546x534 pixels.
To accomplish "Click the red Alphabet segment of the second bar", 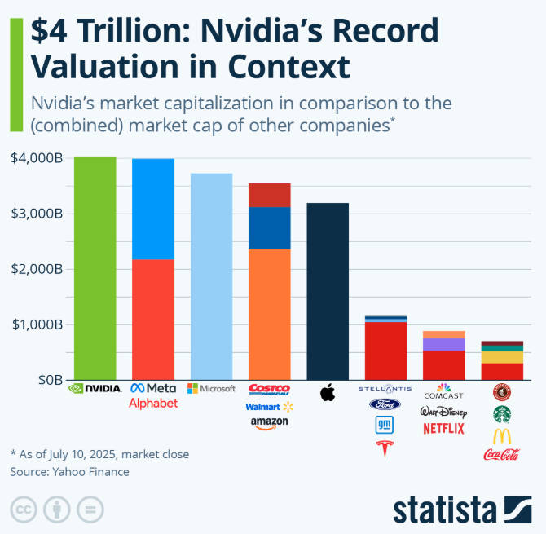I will [x=153, y=319].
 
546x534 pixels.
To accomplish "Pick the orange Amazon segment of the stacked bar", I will [x=269, y=314].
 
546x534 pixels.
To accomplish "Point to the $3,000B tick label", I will [x=37, y=214].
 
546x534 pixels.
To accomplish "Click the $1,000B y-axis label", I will [x=37, y=324].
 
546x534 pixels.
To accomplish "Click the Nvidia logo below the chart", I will [x=95, y=389].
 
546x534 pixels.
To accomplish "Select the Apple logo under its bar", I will [x=328, y=394].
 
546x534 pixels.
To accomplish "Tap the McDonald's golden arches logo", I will [x=502, y=435].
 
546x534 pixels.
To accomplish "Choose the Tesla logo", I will [x=385, y=448].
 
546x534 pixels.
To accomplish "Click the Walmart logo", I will [x=269, y=406].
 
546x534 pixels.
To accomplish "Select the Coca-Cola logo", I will [x=502, y=455].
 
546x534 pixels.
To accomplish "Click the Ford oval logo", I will [x=385, y=404].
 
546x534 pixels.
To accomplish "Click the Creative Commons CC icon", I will [x=22, y=510].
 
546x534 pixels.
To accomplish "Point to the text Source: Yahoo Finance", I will [x=69, y=471].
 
